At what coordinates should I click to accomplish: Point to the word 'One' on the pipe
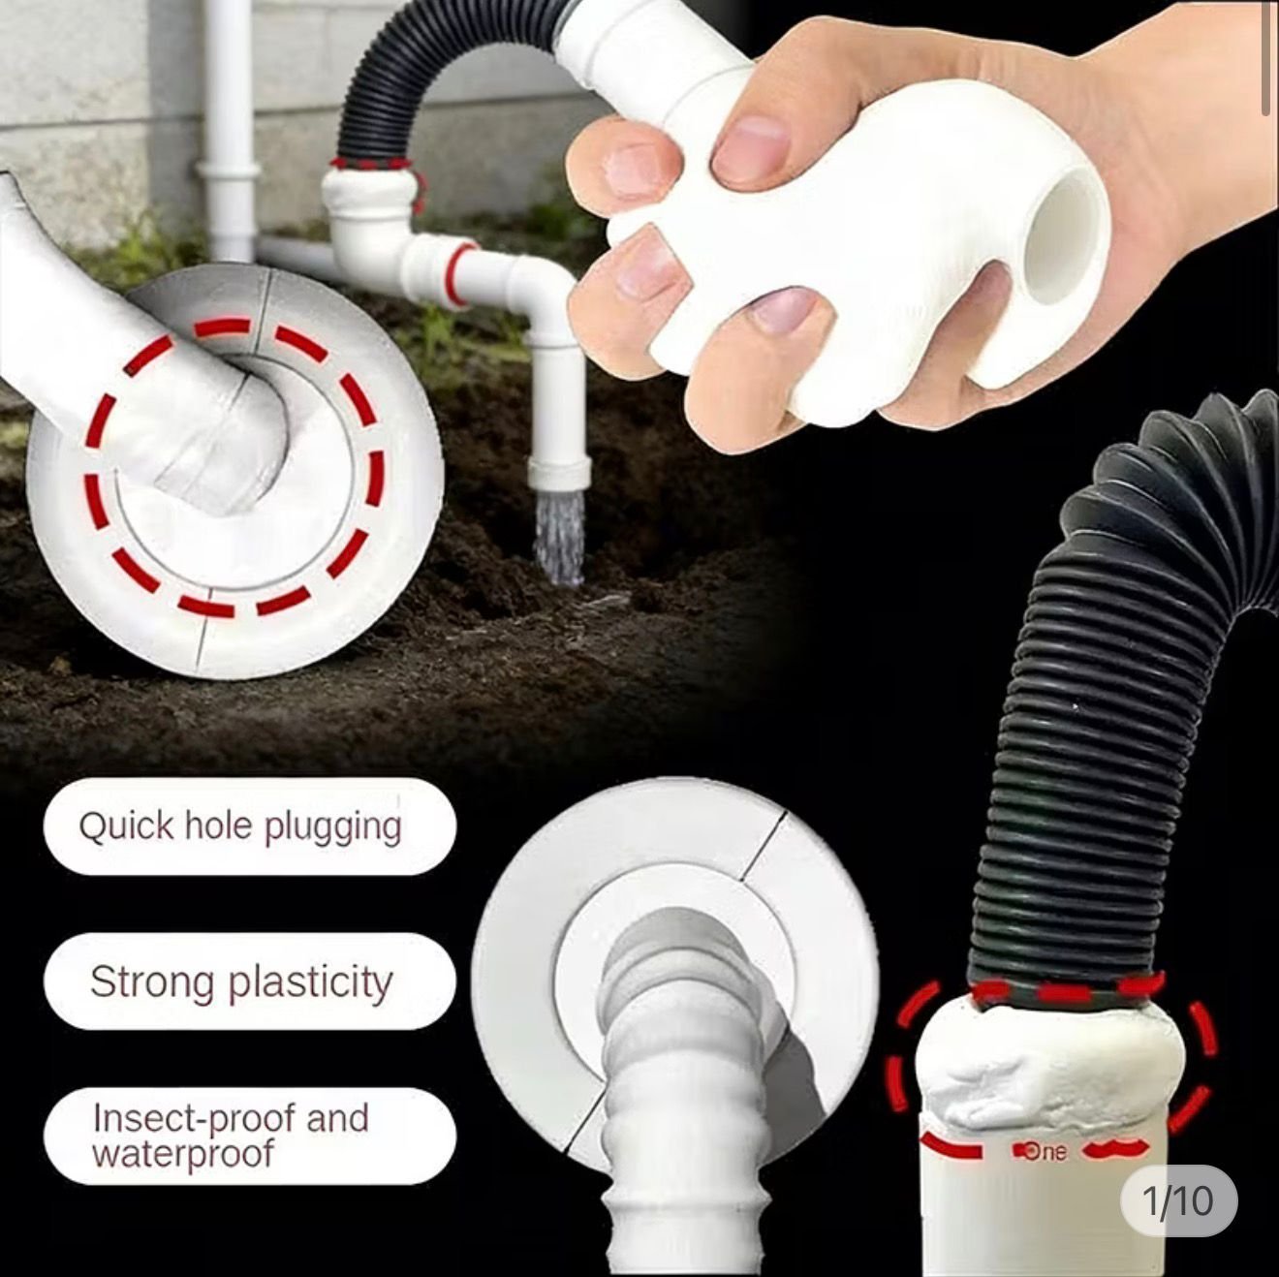pyautogui.click(x=1045, y=1152)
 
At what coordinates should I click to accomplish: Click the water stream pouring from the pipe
pyautogui.click(x=559, y=539)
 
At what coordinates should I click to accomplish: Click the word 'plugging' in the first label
pyautogui.click(x=332, y=828)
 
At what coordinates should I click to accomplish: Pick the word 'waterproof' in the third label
pyautogui.click(x=182, y=1153)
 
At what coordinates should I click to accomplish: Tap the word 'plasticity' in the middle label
pyautogui.click(x=311, y=983)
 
